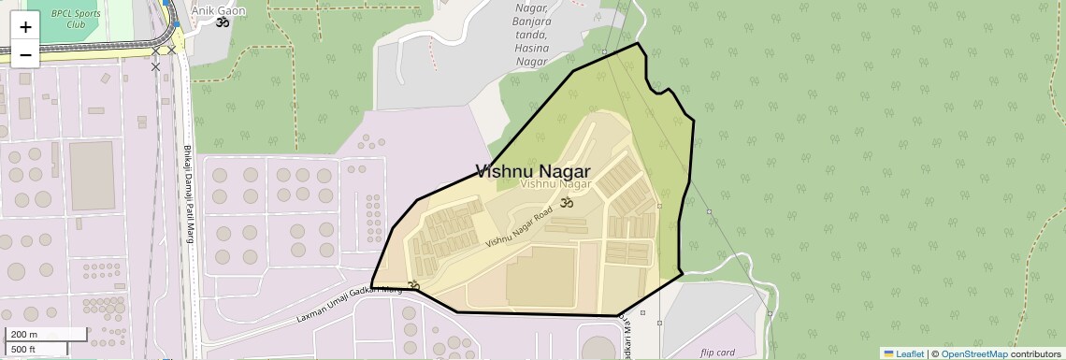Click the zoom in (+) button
click(x=25, y=27)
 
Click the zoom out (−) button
click(x=25, y=54)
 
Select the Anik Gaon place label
click(x=211, y=9)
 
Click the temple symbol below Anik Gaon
click(x=223, y=22)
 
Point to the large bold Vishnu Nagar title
click(x=533, y=171)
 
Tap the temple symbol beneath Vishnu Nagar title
click(x=566, y=203)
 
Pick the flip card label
click(x=718, y=353)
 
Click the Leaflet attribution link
click(x=903, y=353)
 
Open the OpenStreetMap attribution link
click(x=973, y=353)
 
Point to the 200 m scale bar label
click(x=24, y=335)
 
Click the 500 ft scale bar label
click(x=23, y=349)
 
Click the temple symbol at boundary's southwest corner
click(x=414, y=284)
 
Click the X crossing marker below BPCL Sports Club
click(x=155, y=66)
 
